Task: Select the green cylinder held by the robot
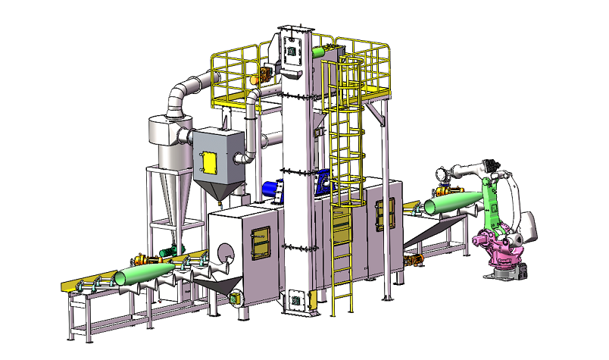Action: coord(453,201)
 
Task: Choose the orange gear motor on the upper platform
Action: coord(265,74)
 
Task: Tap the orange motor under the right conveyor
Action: coord(414,261)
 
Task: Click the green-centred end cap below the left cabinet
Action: coord(236,299)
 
